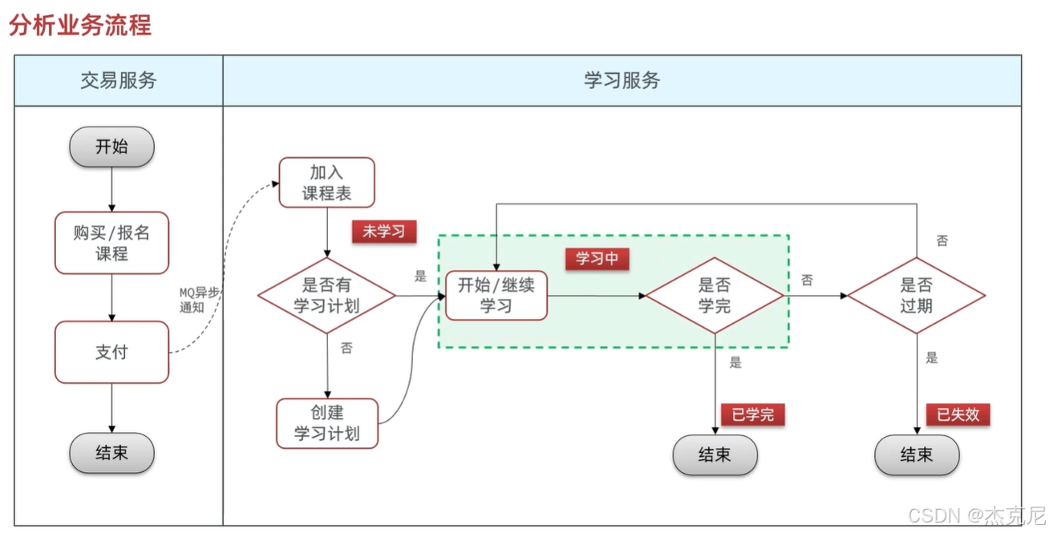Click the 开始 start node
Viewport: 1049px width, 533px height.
(x=111, y=147)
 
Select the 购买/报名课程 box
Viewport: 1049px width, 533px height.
(x=111, y=243)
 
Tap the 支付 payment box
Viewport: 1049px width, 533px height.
(x=111, y=352)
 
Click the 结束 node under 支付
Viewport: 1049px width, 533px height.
(x=111, y=453)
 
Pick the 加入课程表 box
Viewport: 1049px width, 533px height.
(x=326, y=182)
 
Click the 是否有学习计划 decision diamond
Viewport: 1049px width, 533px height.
(x=326, y=295)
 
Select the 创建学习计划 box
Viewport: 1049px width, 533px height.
(x=326, y=423)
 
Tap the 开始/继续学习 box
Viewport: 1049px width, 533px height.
(x=496, y=295)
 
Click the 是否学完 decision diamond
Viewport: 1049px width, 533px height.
(x=715, y=295)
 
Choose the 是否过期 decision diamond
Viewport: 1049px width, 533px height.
(x=917, y=295)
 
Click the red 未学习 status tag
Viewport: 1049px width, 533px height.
(x=384, y=232)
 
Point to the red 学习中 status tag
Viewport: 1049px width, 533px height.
(x=597, y=258)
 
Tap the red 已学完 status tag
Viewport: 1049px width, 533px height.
(x=752, y=414)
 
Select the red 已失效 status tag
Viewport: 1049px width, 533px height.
(x=958, y=414)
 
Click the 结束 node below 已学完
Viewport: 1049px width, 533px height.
(x=715, y=455)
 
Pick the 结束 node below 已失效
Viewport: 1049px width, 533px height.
(x=917, y=455)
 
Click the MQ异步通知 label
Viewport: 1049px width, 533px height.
(x=198, y=300)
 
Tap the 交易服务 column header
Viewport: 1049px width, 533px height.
(x=119, y=80)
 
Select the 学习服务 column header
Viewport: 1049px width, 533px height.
(x=622, y=80)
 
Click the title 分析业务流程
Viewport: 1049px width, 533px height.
(x=79, y=25)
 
